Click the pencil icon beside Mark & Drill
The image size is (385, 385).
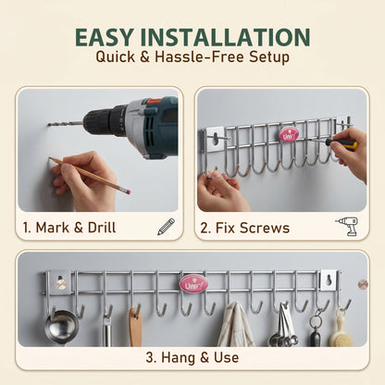tap(166, 227)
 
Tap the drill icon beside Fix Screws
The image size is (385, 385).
tap(347, 226)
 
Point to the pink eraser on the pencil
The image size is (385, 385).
tap(128, 192)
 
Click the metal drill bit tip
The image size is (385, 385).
tap(49, 124)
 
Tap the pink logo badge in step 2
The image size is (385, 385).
tap(289, 135)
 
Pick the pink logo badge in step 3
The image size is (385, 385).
tap(194, 284)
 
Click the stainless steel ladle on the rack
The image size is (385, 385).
tap(62, 327)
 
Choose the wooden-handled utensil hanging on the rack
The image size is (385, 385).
tap(135, 327)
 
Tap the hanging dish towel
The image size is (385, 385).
tap(236, 325)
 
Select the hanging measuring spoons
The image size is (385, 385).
tap(282, 326)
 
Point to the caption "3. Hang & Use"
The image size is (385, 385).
tap(192, 358)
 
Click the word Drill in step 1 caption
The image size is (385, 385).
tap(102, 228)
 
